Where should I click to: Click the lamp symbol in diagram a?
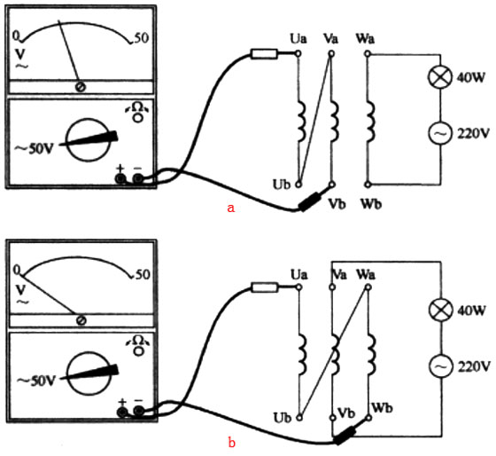pyautogui.click(x=440, y=77)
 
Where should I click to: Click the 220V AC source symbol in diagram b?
pyautogui.click(x=441, y=366)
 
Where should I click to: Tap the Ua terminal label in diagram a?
pyautogui.click(x=298, y=39)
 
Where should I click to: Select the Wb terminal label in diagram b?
pyautogui.click(x=382, y=407)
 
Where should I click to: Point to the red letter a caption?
pyautogui.click(x=231, y=208)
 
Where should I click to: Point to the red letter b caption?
pyautogui.click(x=232, y=442)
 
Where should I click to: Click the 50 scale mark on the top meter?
pyautogui.click(x=142, y=38)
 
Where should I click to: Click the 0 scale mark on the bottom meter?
pyautogui.click(x=17, y=270)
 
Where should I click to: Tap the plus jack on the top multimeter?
pyautogui.click(x=120, y=179)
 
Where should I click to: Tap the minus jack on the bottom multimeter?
pyautogui.click(x=138, y=412)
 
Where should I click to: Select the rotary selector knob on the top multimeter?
pyautogui.click(x=89, y=140)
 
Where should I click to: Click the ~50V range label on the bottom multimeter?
pyautogui.click(x=36, y=381)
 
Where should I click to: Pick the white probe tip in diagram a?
pyautogui.click(x=264, y=54)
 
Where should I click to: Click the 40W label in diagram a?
pyautogui.click(x=470, y=77)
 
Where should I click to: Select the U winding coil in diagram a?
pyautogui.click(x=302, y=121)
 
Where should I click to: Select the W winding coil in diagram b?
pyautogui.click(x=372, y=354)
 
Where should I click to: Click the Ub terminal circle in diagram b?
pyautogui.click(x=299, y=418)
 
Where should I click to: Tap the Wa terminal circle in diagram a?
pyautogui.click(x=368, y=54)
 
